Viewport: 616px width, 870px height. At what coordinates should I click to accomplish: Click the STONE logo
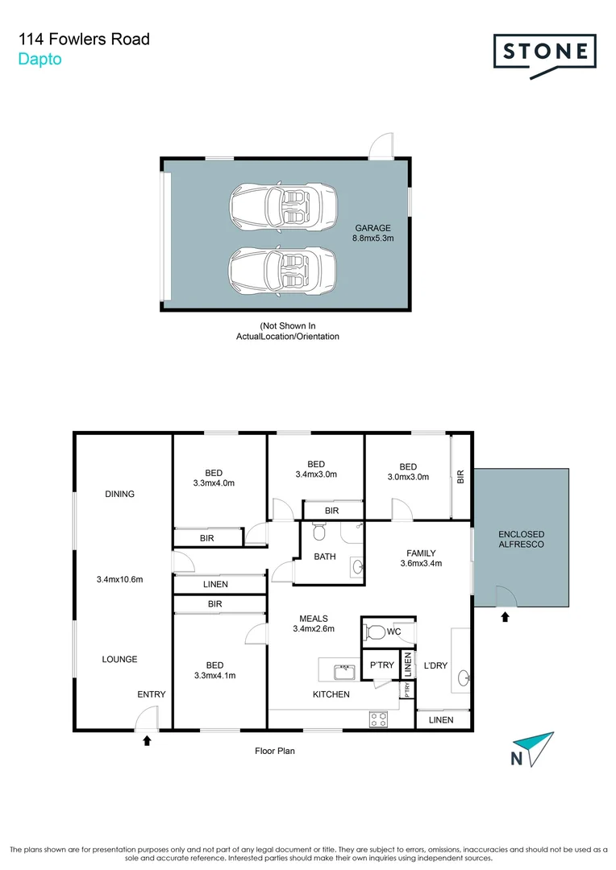pyautogui.click(x=544, y=52)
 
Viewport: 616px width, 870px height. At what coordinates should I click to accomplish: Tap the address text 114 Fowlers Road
pyautogui.click(x=84, y=39)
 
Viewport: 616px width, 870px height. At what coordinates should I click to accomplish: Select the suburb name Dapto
pyautogui.click(x=40, y=59)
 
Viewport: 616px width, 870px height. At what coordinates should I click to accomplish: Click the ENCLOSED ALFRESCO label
pyautogui.click(x=521, y=540)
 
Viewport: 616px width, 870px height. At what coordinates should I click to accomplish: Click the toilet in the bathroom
pyautogui.click(x=319, y=532)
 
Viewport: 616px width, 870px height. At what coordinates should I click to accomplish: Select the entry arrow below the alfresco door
pyautogui.click(x=506, y=618)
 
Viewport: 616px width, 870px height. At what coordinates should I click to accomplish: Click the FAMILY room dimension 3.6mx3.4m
pyautogui.click(x=421, y=563)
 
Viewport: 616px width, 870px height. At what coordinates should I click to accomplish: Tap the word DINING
pyautogui.click(x=119, y=494)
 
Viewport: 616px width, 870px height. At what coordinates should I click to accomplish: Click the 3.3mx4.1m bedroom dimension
pyautogui.click(x=214, y=676)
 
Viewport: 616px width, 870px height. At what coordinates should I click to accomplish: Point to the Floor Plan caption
pyautogui.click(x=276, y=751)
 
